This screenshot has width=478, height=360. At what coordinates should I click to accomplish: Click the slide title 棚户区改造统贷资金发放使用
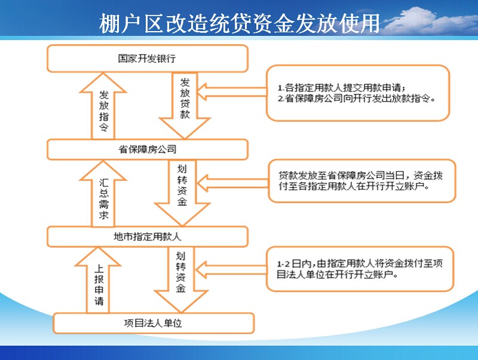[x=240, y=23]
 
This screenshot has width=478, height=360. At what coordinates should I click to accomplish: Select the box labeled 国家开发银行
[x=147, y=58]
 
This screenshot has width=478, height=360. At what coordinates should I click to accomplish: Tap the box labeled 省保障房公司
[x=147, y=149]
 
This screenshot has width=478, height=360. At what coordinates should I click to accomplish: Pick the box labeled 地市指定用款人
[x=147, y=236]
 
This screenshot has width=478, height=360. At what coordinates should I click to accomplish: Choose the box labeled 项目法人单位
[x=154, y=323]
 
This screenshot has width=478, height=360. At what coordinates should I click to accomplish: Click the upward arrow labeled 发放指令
[x=103, y=106]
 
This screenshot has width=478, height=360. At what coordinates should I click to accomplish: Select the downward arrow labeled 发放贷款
[x=185, y=106]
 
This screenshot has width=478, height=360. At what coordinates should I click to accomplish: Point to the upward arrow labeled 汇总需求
[x=103, y=194]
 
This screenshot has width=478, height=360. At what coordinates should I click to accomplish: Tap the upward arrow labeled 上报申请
[x=98, y=280]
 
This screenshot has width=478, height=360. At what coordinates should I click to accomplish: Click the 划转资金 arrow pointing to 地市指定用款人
[x=182, y=193]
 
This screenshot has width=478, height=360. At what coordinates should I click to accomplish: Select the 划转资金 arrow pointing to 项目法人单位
[x=181, y=280]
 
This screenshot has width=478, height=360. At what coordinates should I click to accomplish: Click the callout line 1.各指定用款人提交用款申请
[x=341, y=88]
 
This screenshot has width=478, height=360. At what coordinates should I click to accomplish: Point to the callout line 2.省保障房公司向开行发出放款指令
[x=357, y=99]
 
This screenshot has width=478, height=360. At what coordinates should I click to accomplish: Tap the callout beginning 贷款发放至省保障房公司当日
[x=362, y=181]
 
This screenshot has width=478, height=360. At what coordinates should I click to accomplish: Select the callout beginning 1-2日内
[x=360, y=269]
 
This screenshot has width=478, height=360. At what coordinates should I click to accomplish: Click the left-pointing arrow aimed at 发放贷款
[x=232, y=92]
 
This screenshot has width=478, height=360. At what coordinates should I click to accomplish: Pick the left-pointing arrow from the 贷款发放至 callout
[x=232, y=183]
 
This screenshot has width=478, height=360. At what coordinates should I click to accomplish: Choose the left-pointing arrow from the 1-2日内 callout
[x=231, y=270]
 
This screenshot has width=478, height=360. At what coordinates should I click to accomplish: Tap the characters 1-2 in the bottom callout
[x=283, y=264]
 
